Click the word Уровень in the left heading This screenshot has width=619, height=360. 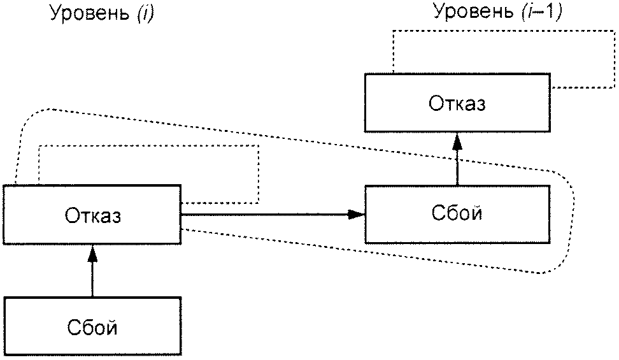[x=90, y=13]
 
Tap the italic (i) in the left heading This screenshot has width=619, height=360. [x=145, y=13]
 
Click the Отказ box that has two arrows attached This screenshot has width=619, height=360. [x=92, y=215]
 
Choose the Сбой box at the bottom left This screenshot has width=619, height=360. [x=92, y=326]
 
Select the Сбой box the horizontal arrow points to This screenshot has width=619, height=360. [x=457, y=214]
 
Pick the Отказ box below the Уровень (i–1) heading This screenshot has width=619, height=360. [x=457, y=103]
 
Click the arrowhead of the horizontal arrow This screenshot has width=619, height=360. [x=356, y=215]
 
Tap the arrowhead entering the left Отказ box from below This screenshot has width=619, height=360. [x=92, y=254]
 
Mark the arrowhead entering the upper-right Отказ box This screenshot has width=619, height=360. [x=457, y=141]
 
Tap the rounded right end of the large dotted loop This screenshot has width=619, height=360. [x=573, y=221]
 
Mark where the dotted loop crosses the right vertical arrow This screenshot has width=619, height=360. [x=457, y=159]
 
